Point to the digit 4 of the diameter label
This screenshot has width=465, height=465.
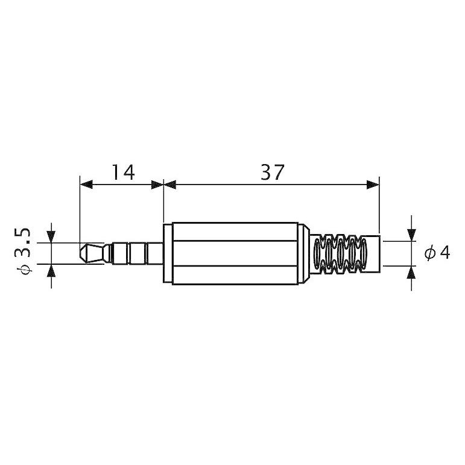444,253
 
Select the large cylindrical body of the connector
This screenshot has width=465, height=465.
235,253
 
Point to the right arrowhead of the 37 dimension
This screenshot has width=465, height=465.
373,185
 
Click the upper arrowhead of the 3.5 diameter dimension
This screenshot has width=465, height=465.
51,237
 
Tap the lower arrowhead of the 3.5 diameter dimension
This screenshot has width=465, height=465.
51,270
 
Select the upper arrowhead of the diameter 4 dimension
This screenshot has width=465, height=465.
412,235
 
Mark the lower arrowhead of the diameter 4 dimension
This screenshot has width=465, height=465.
412,271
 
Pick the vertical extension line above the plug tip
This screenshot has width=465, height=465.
80,211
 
